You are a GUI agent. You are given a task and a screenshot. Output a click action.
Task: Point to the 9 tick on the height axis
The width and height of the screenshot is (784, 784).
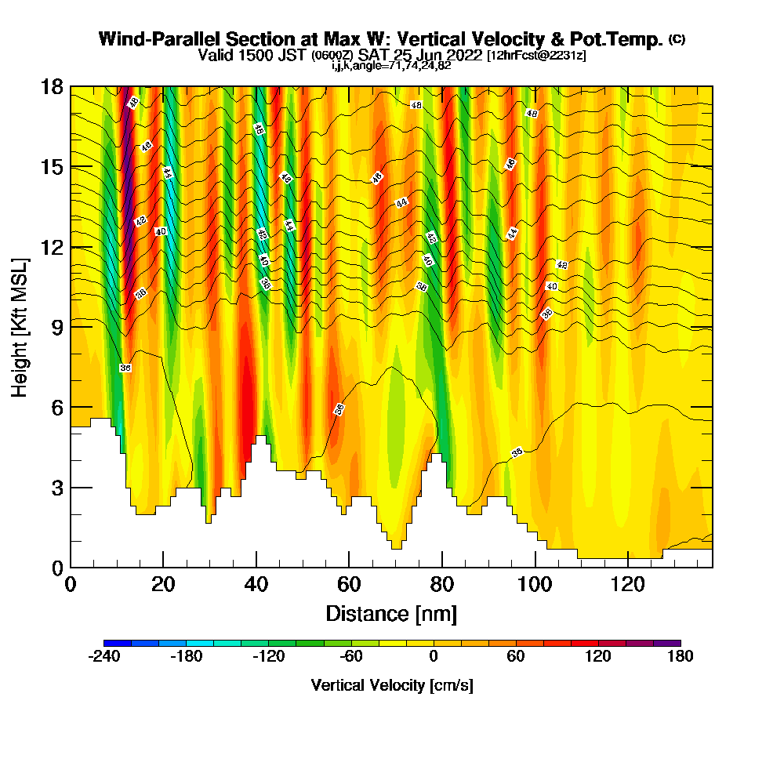pos(71,326)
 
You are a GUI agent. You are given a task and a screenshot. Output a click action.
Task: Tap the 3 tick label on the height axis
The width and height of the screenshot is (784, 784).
pos(56,488)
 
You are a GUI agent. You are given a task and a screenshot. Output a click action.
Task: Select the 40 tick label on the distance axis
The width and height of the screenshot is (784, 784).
pos(256,584)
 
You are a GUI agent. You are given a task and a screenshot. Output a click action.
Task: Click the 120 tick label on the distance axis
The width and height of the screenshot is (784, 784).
pos(628,584)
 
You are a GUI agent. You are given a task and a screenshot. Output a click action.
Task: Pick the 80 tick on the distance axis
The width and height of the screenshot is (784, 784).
pos(442,567)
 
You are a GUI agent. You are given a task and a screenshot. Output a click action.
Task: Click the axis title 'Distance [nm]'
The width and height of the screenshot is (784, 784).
pos(391,613)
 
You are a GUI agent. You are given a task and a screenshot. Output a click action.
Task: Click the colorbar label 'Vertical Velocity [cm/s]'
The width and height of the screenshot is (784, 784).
pos(392,685)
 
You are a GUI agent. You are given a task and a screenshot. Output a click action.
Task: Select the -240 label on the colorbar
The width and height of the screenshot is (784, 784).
pos(103,657)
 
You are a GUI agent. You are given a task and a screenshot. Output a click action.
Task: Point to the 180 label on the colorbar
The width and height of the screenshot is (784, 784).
pos(680,657)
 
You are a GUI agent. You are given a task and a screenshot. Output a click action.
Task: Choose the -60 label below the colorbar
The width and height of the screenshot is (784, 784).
pos(350,657)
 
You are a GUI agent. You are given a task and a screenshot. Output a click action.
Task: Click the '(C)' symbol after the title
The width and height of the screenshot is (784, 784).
pos(676,38)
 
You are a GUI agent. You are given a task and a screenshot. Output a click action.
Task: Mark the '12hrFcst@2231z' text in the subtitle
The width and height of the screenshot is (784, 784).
pos(536,56)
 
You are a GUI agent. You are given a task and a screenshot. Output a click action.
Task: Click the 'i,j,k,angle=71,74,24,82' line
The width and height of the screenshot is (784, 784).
pos(391,66)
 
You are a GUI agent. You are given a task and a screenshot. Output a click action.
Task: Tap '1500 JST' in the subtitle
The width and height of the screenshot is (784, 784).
pos(269,55)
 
